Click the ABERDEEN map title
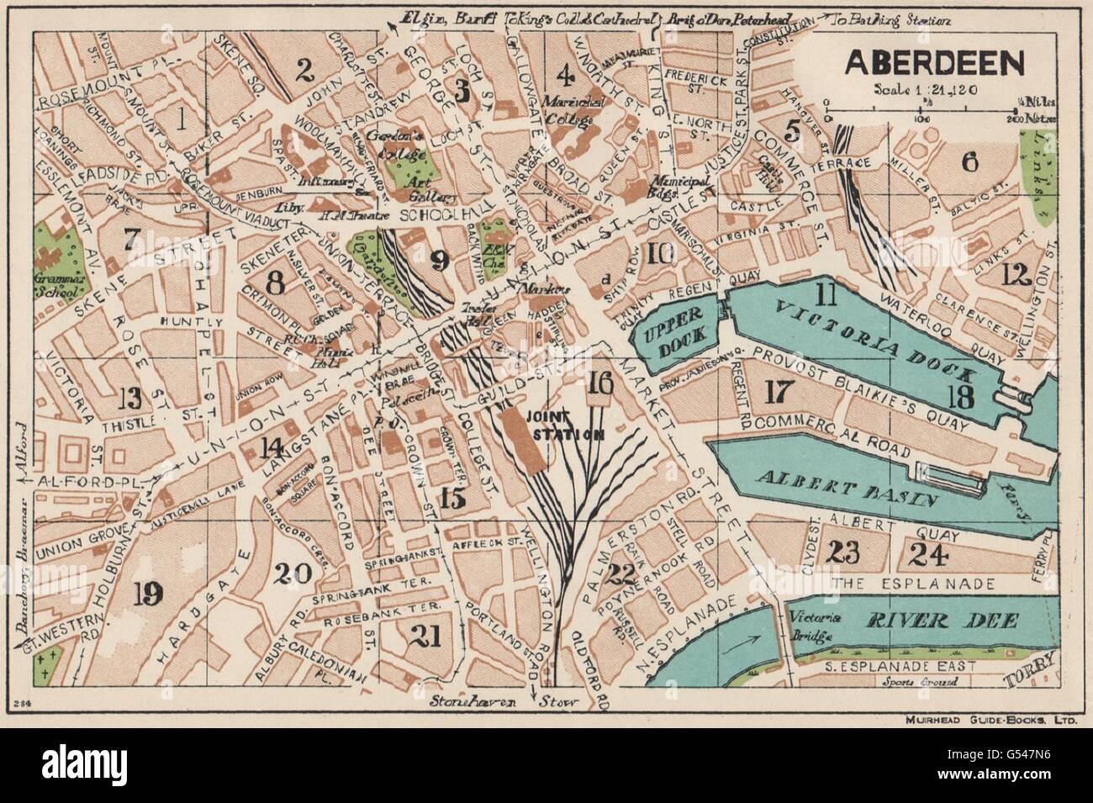pyautogui.click(x=935, y=63)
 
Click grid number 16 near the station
pyautogui.click(x=600, y=383)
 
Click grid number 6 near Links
pyautogui.click(x=970, y=162)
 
